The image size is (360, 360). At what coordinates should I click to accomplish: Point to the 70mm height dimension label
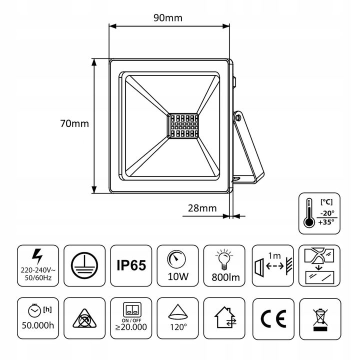point(73,123)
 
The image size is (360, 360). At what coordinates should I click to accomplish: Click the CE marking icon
point(272,318)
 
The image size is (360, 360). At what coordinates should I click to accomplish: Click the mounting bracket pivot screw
point(238,117)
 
